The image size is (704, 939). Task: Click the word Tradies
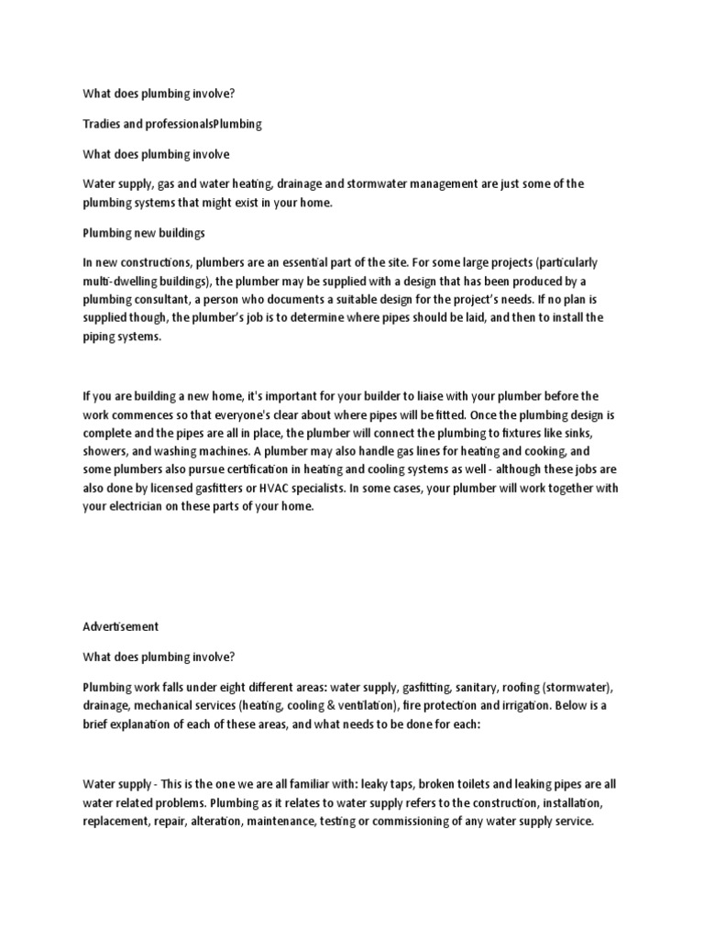[102, 123]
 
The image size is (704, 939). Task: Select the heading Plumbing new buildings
[144, 234]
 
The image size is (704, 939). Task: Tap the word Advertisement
[121, 626]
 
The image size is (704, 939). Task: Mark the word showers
[107, 450]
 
